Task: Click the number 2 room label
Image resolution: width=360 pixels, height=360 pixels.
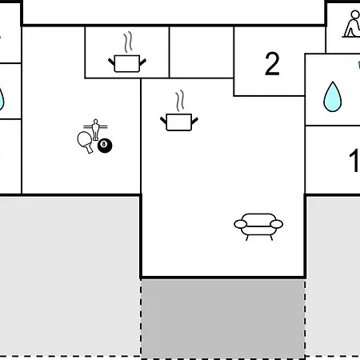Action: click(272, 63)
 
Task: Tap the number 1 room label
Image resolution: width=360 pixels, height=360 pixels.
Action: click(354, 160)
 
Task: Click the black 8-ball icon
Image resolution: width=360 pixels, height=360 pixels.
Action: click(105, 146)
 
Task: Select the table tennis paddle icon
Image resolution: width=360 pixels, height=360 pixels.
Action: click(85, 142)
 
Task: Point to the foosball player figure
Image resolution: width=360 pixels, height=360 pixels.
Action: click(95, 130)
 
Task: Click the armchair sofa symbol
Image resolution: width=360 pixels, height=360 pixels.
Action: click(258, 226)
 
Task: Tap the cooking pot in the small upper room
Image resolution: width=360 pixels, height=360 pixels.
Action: click(127, 63)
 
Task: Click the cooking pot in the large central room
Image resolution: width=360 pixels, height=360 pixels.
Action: click(179, 122)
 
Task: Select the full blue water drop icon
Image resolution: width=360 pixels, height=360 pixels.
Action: click(333, 97)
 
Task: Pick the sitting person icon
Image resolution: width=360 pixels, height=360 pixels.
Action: click(351, 24)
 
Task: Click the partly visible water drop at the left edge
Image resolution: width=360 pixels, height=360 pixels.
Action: click(2, 99)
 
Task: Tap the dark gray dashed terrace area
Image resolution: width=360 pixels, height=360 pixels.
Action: click(223, 318)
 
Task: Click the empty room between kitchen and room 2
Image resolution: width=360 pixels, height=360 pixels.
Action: click(202, 52)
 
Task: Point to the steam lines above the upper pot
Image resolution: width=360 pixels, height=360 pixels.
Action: click(128, 42)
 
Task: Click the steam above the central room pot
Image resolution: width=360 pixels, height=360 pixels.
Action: click(180, 101)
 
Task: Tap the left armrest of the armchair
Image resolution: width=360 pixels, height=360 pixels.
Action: click(241, 224)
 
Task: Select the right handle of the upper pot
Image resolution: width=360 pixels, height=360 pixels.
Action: click(142, 62)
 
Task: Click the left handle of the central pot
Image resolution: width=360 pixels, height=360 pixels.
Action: click(163, 121)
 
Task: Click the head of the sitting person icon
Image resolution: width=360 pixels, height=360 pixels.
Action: click(355, 14)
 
